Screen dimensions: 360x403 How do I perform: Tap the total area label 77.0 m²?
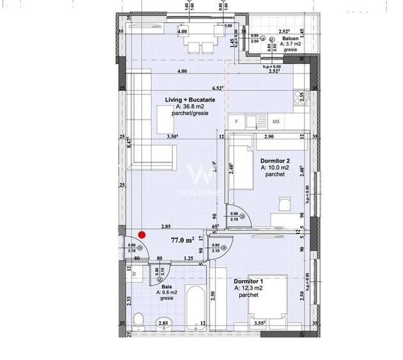point(182,240)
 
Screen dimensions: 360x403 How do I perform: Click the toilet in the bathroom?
point(140,320)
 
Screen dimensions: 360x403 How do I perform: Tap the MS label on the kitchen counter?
point(276,121)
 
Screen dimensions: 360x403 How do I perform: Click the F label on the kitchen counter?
point(237,121)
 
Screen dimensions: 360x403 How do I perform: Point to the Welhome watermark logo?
point(198,176)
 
